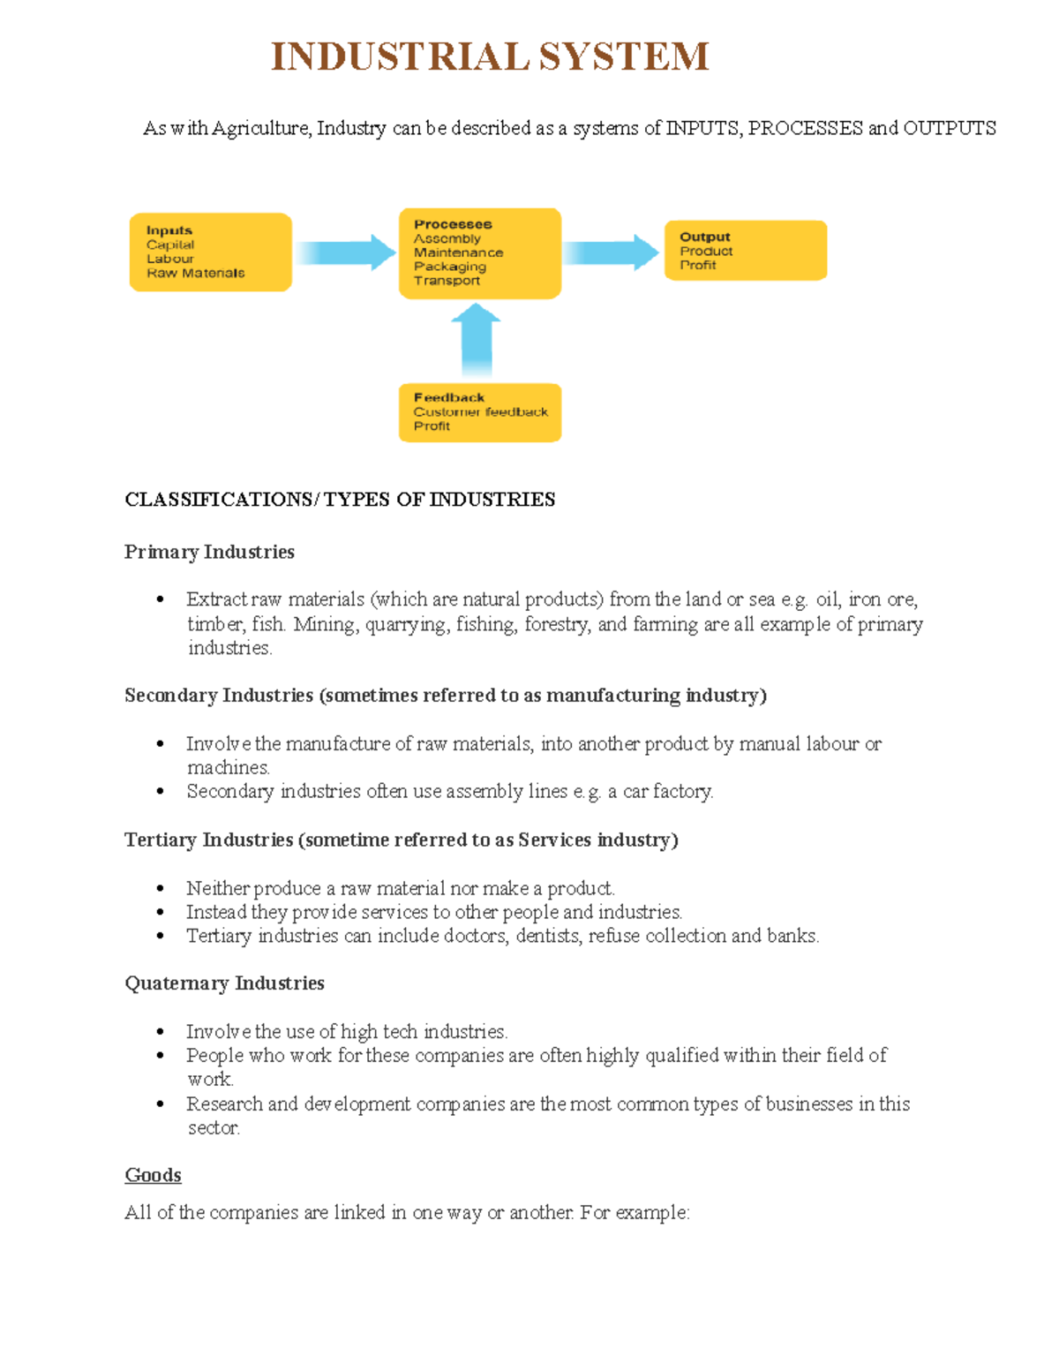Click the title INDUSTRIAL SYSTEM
(490, 56)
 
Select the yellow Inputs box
(210, 252)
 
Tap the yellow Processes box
(479, 253)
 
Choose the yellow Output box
(745, 251)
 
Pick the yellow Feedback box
(479, 412)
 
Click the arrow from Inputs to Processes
(345, 252)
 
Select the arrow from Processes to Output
(611, 252)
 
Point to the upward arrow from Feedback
(477, 340)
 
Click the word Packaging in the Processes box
(450, 267)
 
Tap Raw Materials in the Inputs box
(196, 274)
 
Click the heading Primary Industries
(209, 552)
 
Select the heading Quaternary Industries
(224, 983)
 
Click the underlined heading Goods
(153, 1175)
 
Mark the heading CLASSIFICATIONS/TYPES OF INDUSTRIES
(340, 500)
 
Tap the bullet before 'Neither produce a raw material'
(160, 889)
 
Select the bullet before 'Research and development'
(160, 1104)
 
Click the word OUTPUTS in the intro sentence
(949, 128)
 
